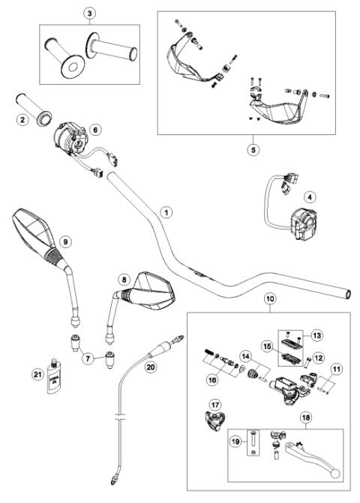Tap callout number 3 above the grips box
click(90, 13)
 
